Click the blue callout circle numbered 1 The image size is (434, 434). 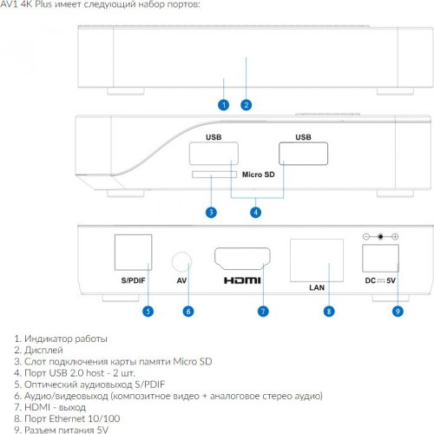tap(223, 105)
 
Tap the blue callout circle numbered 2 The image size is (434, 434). tap(247, 105)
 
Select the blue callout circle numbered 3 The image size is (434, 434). tap(211, 213)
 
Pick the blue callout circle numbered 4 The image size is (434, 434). tap(255, 213)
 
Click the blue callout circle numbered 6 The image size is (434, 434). tap(188, 312)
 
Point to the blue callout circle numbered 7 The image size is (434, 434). tap(263, 312)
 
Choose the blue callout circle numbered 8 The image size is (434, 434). tap(329, 312)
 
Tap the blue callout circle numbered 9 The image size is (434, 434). tap(398, 312)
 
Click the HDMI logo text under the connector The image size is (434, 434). tap(242, 280)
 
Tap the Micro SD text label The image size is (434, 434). tap(259, 174)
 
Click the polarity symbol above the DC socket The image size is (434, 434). tap(380, 237)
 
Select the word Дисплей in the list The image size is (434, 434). tap(43, 350)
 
